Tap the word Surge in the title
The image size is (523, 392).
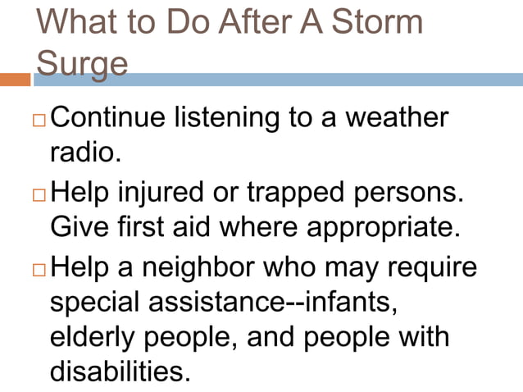[x=82, y=62]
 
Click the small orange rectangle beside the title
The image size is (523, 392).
[x=15, y=80]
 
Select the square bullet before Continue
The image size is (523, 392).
[x=39, y=120]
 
